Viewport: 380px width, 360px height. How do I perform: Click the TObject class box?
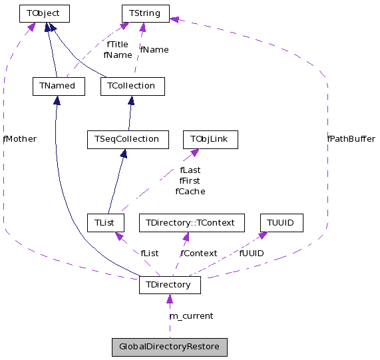click(45, 13)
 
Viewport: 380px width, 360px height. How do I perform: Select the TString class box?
click(145, 13)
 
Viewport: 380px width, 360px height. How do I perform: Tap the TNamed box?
click(58, 86)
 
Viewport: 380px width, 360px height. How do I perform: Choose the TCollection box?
click(132, 86)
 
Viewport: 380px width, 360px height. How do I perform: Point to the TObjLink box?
click(210, 139)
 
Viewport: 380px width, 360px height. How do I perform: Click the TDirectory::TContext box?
click(191, 222)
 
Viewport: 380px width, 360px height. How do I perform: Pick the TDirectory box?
click(169, 285)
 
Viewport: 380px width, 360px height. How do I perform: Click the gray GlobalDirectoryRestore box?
click(169, 347)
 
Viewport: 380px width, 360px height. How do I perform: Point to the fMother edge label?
click(20, 139)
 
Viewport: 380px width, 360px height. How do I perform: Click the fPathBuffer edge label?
click(351, 139)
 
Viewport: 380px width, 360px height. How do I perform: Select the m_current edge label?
click(191, 315)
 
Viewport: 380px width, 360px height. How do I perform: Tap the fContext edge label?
click(198, 253)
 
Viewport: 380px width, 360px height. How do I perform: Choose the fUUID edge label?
click(251, 253)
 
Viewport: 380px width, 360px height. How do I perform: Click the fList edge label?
click(149, 253)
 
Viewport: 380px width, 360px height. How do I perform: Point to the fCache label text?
click(190, 191)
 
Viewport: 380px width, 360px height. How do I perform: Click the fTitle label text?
click(117, 45)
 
